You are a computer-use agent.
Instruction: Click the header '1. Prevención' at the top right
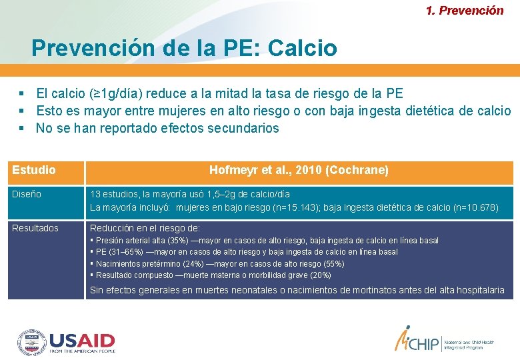click(465, 11)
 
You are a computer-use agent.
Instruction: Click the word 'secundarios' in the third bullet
click(240, 128)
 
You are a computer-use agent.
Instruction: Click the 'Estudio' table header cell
click(34, 170)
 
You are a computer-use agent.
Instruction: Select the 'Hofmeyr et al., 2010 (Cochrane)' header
click(299, 170)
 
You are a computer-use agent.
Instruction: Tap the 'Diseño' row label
click(27, 194)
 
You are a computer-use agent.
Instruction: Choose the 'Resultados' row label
click(35, 228)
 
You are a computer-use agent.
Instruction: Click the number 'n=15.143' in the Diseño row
click(289, 207)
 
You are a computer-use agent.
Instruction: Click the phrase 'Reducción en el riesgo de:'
click(145, 228)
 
